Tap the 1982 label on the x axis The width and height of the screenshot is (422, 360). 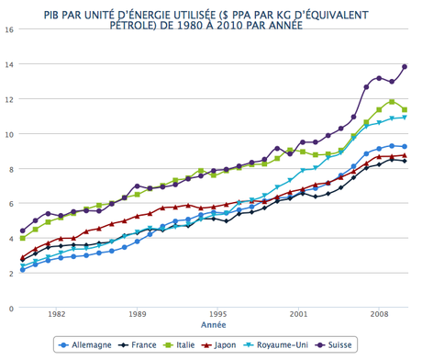click(x=57, y=313)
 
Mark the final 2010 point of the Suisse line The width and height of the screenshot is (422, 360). click(x=404, y=67)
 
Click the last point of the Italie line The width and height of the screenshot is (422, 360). click(x=404, y=110)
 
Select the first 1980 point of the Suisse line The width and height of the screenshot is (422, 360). click(x=23, y=231)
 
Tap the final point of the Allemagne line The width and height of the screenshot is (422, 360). click(x=404, y=147)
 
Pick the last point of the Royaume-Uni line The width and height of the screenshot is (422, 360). click(x=404, y=118)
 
